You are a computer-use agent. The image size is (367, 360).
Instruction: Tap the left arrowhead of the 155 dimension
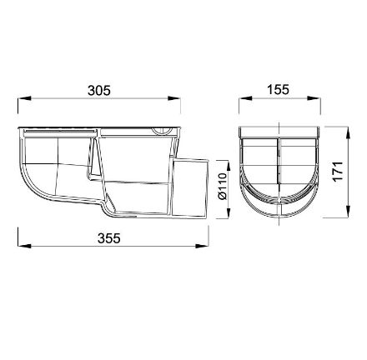point(243,102)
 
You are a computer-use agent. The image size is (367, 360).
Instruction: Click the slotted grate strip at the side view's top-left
point(58,131)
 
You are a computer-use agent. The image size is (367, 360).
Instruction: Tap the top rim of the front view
point(279,132)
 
